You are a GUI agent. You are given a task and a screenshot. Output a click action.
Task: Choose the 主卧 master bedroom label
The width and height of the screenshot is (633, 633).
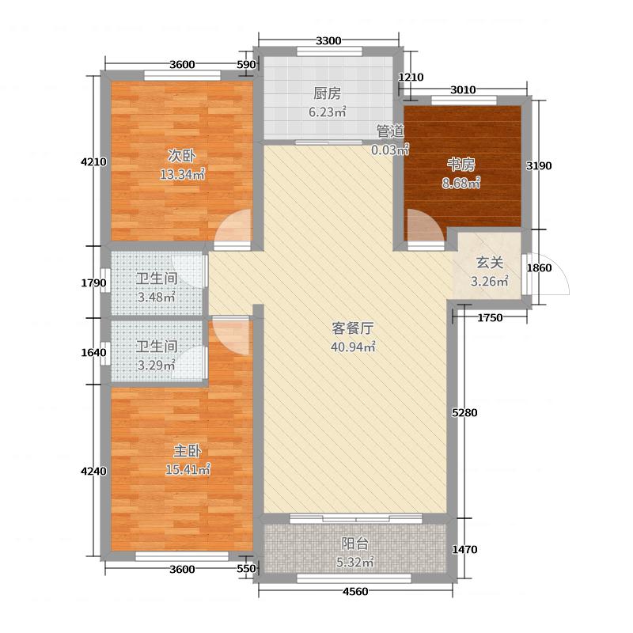tap(188, 452)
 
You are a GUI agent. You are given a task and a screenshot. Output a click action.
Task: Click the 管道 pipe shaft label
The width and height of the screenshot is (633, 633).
tap(390, 131)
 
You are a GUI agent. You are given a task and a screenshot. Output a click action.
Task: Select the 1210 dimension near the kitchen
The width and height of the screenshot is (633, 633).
tap(412, 78)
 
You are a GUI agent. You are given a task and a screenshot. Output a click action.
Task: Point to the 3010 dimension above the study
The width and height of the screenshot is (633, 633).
tap(463, 89)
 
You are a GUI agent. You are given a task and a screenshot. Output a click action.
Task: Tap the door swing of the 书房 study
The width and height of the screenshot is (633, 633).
tap(426, 228)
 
